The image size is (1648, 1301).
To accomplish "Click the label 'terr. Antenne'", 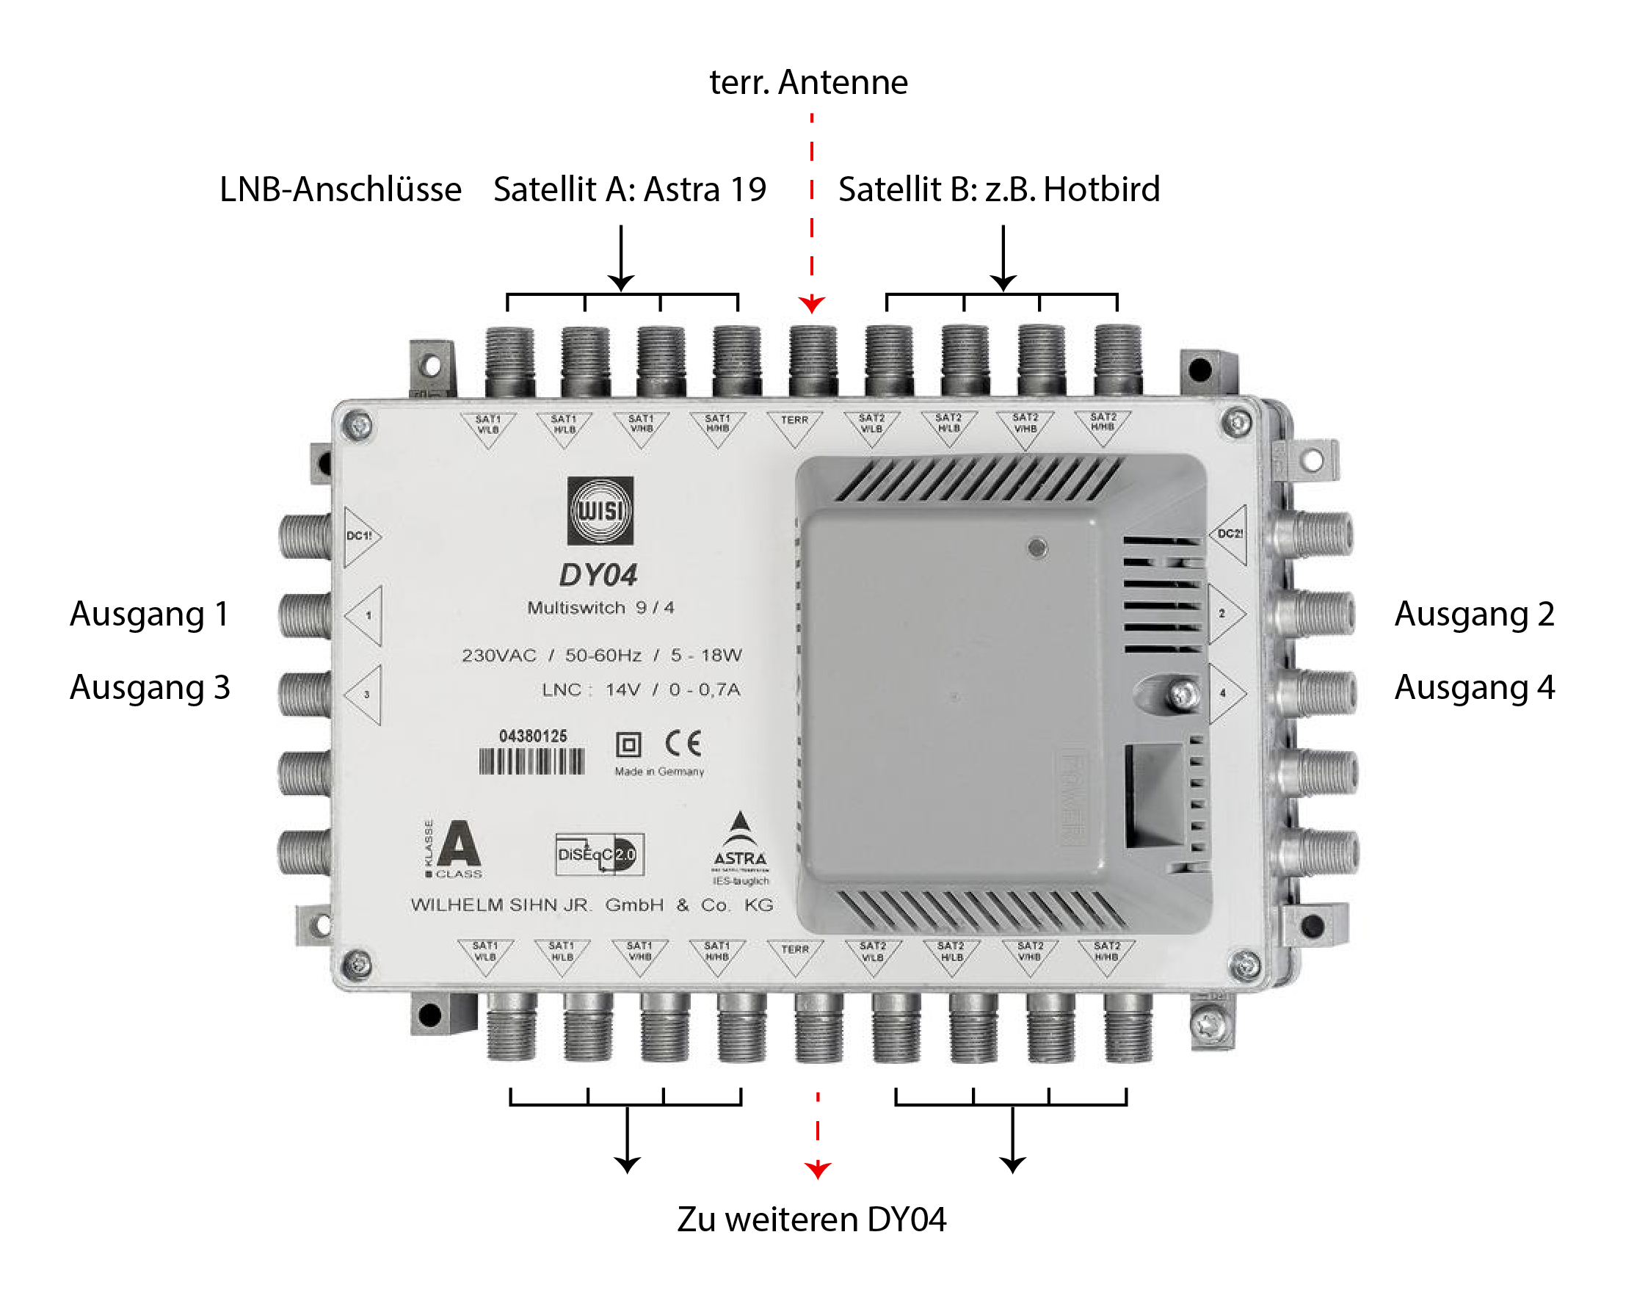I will [808, 82].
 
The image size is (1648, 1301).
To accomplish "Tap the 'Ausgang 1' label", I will [149, 614].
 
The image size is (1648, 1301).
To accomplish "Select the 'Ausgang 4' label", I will [1473, 687].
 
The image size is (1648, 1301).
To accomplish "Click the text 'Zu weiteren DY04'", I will [811, 1220].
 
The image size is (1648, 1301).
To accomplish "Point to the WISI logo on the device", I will [600, 510].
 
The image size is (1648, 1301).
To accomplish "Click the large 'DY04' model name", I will [598, 575].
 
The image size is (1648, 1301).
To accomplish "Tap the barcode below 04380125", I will [531, 761].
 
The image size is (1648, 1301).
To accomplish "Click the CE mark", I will [683, 744].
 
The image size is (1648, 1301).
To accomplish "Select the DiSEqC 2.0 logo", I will [600, 854].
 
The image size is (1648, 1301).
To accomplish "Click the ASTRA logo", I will [739, 846].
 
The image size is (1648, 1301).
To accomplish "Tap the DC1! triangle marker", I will [360, 536].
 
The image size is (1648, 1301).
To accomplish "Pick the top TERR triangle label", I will [794, 427].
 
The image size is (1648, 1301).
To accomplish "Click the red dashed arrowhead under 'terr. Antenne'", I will [812, 305].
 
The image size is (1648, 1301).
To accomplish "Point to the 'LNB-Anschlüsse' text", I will [340, 189].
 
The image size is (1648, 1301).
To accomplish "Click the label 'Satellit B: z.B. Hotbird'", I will [998, 189].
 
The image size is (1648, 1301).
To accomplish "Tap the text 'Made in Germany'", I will [658, 772].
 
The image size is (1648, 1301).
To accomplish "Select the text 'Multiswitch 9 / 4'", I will [600, 608].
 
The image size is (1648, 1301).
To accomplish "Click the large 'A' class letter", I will [459, 844].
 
